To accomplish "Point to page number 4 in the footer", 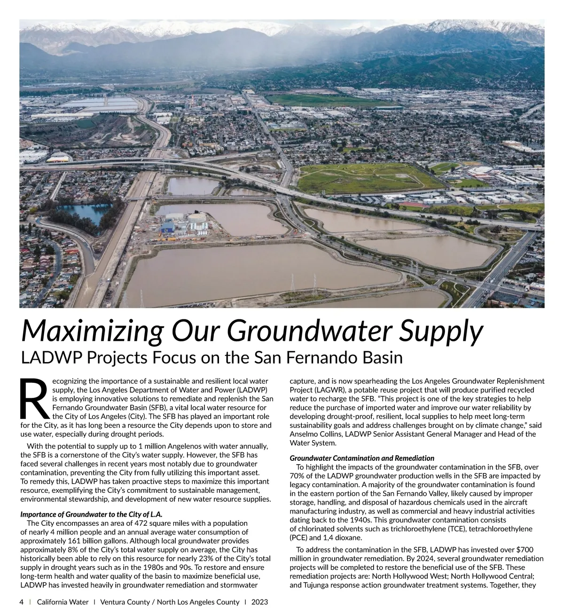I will pyautogui.click(x=21, y=602).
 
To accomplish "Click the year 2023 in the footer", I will pyautogui.click(x=259, y=602).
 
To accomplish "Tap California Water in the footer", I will pyautogui.click(x=63, y=602).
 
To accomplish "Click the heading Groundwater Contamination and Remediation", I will pyautogui.click(x=362, y=458).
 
